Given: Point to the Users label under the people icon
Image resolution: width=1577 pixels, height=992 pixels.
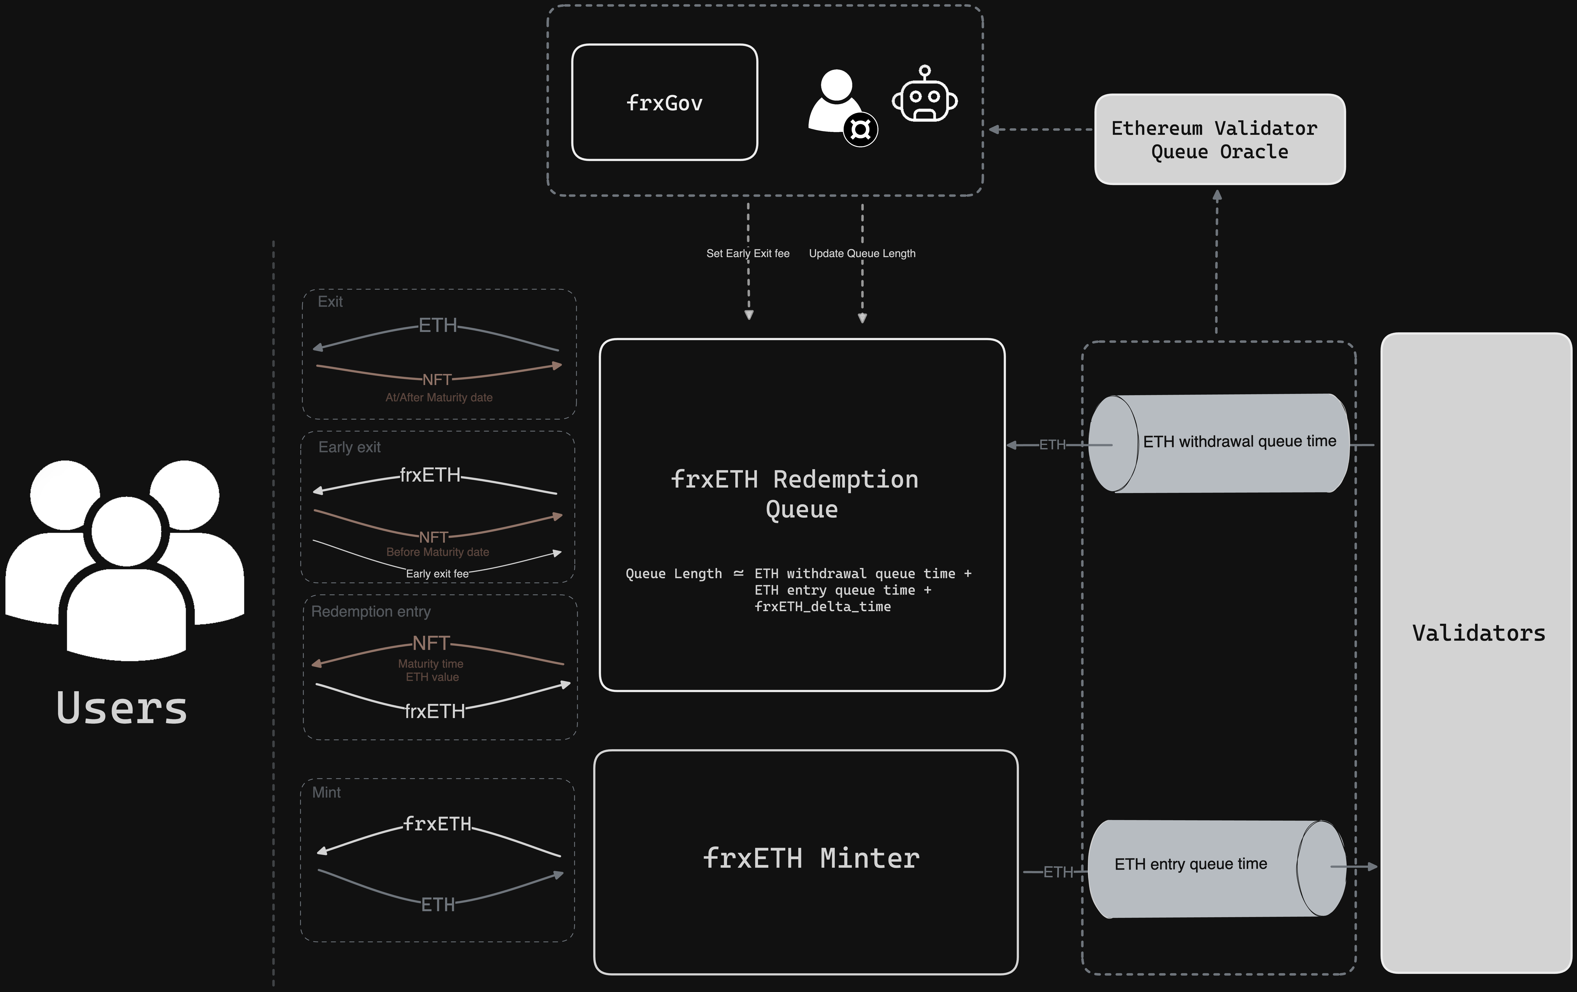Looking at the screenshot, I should pyautogui.click(x=122, y=708).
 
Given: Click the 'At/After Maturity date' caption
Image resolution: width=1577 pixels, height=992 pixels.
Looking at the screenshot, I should pyautogui.click(x=439, y=398).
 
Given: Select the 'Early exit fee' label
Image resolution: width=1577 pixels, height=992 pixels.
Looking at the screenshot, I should pyautogui.click(x=437, y=574).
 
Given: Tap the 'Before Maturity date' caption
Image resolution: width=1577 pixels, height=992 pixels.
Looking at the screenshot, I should pyautogui.click(x=437, y=552).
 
